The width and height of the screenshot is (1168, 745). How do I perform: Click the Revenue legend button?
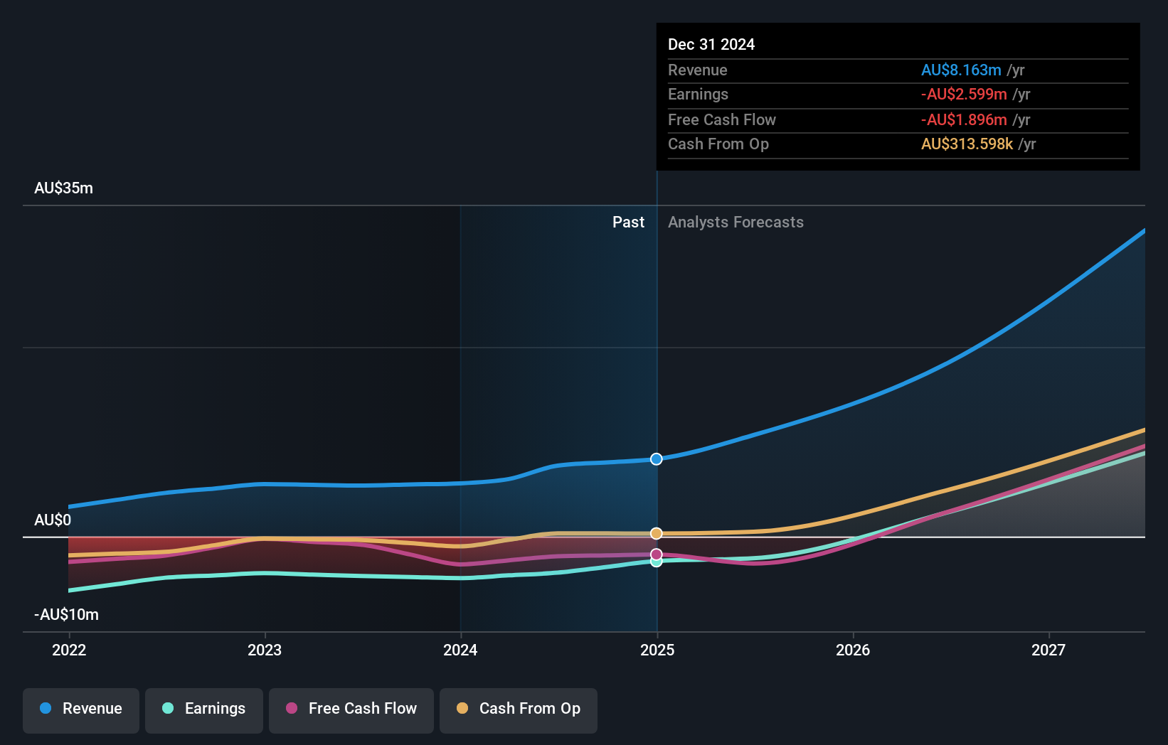point(81,709)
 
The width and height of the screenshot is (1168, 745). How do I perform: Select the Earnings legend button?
point(204,709)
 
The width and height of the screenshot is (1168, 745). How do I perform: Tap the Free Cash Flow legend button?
point(351,709)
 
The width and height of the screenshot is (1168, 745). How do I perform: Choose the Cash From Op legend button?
point(519,709)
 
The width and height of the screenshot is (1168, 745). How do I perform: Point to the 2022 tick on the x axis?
point(69,650)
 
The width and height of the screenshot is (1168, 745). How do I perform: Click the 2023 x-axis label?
point(265,650)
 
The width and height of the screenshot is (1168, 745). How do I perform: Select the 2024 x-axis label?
point(460,650)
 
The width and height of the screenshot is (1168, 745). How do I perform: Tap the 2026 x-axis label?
point(853,650)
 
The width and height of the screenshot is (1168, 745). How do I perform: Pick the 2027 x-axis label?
point(1048,650)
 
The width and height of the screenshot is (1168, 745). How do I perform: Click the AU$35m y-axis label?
point(63,188)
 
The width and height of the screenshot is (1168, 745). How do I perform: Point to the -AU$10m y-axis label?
point(66,615)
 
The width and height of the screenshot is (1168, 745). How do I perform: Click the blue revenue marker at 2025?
point(657,459)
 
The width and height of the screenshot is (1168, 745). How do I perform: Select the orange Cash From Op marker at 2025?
point(657,533)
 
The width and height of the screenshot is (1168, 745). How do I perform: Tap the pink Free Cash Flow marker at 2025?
point(657,554)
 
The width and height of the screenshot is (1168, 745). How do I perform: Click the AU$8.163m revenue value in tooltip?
point(961,70)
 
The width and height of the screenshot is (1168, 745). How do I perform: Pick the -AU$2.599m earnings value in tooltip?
point(964,95)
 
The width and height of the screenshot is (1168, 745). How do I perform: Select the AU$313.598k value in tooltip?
point(967,144)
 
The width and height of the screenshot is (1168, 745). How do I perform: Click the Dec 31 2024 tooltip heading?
point(711,45)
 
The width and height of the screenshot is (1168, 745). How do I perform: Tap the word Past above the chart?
point(628,223)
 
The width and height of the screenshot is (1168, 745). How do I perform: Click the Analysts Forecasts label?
point(736,223)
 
